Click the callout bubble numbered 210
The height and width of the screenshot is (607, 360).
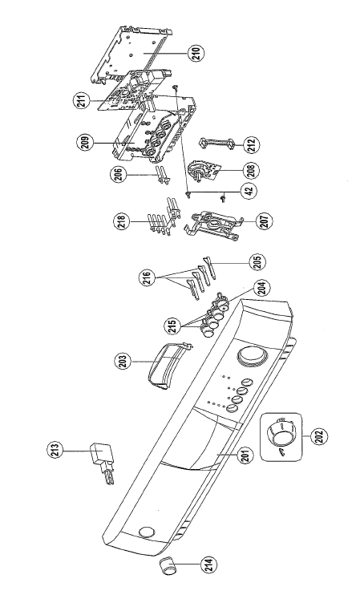pyautogui.click(x=196, y=52)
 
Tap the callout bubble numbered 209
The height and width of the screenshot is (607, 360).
pyautogui.click(x=85, y=142)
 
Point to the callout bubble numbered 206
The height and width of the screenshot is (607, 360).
pyautogui.click(x=119, y=175)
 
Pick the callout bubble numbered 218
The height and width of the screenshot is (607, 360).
pyautogui.click(x=123, y=223)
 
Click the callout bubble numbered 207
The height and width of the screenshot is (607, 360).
pyautogui.click(x=265, y=221)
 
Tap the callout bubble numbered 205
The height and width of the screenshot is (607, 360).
pyautogui.click(x=259, y=261)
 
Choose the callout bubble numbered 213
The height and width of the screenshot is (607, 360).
pyautogui.click(x=56, y=451)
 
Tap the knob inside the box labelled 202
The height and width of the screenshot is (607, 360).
pyautogui.click(x=281, y=433)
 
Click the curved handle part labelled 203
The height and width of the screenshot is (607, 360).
pyautogui.click(x=168, y=365)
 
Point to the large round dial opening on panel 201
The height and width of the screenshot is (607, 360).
pyautogui.click(x=252, y=356)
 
